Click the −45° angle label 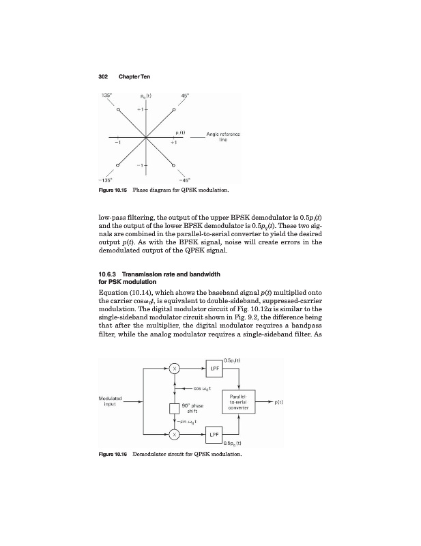click(185, 179)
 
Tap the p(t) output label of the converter click(279, 402)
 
